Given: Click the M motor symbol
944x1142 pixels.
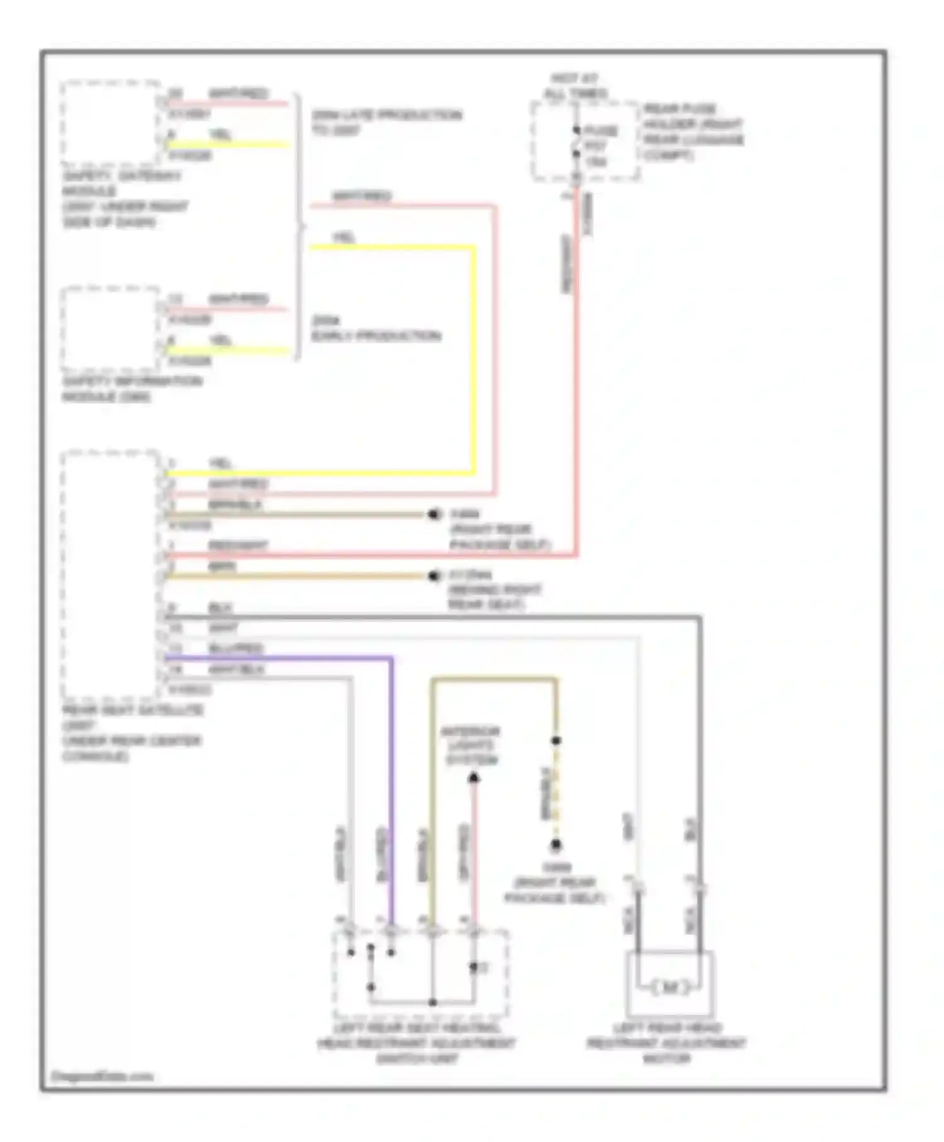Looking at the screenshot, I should pyautogui.click(x=670, y=987).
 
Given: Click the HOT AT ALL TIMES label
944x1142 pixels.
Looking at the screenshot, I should pyautogui.click(x=575, y=86).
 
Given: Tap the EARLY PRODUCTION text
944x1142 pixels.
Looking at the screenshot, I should pyautogui.click(x=376, y=336).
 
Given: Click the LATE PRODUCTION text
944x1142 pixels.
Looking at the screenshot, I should pyautogui.click(x=386, y=116).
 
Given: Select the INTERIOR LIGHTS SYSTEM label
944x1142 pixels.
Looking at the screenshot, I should pyautogui.click(x=471, y=745).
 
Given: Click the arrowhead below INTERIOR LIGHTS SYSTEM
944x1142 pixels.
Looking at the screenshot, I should pyautogui.click(x=474, y=779).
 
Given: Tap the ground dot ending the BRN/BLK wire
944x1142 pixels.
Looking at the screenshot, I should pyautogui.click(x=434, y=514).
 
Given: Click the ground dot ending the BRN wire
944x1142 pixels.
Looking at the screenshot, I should pyautogui.click(x=434, y=576).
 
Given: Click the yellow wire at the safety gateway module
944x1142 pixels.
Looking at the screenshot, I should pyautogui.click(x=227, y=145).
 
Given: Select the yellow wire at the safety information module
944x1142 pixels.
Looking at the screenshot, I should pyautogui.click(x=227, y=351).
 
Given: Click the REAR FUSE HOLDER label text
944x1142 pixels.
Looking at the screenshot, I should pyautogui.click(x=692, y=132).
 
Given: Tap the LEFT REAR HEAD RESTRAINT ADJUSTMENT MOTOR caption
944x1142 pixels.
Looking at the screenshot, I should pyautogui.click(x=666, y=1044).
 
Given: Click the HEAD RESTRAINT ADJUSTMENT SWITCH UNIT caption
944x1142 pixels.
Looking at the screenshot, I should pyautogui.click(x=416, y=1044).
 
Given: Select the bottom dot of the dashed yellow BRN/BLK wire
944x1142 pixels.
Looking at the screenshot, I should pyautogui.click(x=556, y=844).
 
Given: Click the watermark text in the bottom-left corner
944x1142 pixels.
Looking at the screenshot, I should pyautogui.click(x=101, y=1077).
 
